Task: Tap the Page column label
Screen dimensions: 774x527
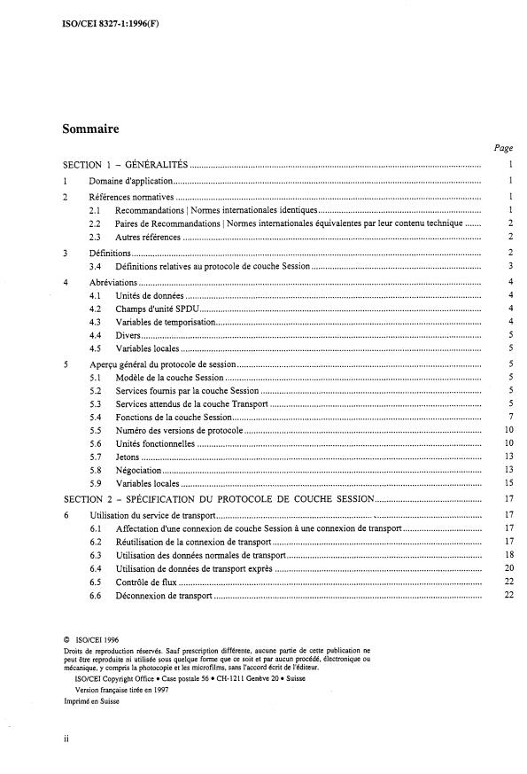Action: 503,149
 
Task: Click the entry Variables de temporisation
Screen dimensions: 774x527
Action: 165,322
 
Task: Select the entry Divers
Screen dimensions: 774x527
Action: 128,336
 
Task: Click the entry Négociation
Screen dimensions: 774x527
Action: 137,470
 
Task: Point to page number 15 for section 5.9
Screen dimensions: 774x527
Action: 508,484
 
